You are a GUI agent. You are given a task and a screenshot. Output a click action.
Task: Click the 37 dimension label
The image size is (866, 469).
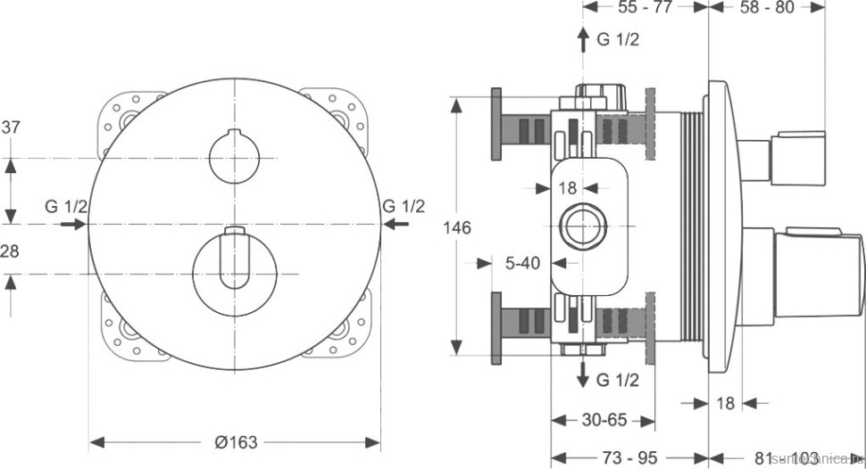coord(11,128)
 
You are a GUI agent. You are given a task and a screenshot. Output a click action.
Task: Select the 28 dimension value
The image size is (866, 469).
coord(10,252)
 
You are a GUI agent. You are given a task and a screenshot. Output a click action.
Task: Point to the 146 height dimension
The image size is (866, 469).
coord(457,227)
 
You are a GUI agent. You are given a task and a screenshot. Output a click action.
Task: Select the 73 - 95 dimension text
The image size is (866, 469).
coord(630,457)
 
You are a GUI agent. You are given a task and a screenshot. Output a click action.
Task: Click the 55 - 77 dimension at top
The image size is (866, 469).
coord(645,8)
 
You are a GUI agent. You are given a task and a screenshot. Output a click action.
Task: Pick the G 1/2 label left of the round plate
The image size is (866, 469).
coord(66,207)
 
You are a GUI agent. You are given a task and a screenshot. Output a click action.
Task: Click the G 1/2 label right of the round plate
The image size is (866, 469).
coord(404,207)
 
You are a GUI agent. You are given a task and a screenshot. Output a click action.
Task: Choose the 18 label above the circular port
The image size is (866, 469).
coord(568,188)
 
